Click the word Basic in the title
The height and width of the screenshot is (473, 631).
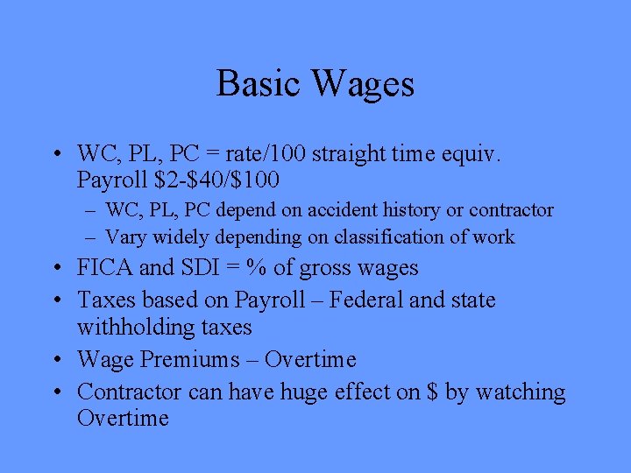pyautogui.click(x=259, y=84)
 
